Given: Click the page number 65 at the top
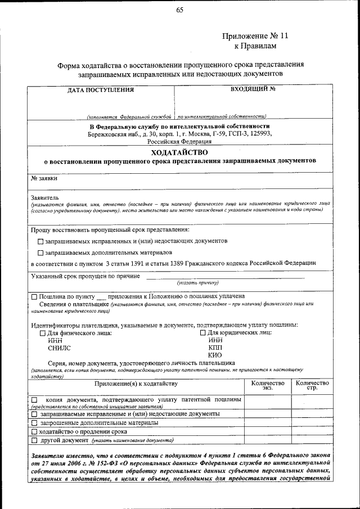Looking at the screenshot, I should [x=180, y=10].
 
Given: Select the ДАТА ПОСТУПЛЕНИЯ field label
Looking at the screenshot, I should [x=101, y=89].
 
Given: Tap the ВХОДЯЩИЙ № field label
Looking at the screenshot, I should [x=253, y=89].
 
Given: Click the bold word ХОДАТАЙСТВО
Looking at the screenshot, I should [x=179, y=152].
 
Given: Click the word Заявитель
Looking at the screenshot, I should [x=44, y=197].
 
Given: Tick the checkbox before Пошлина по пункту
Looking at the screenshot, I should [x=34, y=296].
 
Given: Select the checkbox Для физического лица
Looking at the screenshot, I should [x=42, y=333].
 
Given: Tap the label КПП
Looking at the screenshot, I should [x=215, y=348].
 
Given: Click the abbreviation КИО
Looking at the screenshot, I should [x=215, y=355].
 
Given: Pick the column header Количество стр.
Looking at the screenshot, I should [x=312, y=385].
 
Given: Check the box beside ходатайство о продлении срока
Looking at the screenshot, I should [x=34, y=431].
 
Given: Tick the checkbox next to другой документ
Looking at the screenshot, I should [x=34, y=440].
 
